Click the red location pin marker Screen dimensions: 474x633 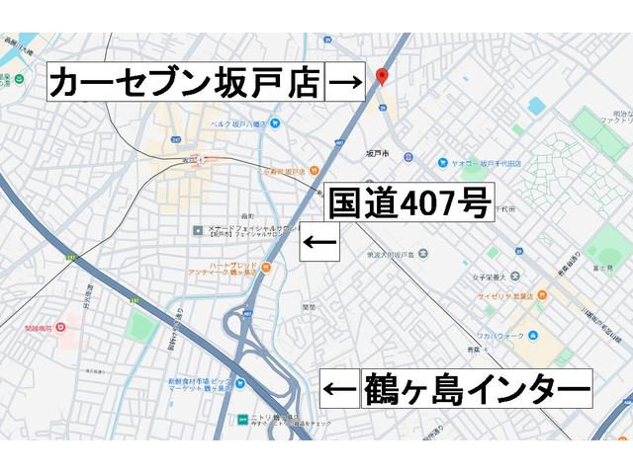(383, 78)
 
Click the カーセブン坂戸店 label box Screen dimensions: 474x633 (187, 82)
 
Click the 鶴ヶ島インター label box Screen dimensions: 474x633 (477, 389)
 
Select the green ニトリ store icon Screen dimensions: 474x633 (243, 419)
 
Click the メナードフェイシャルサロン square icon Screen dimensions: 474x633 (198, 230)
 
